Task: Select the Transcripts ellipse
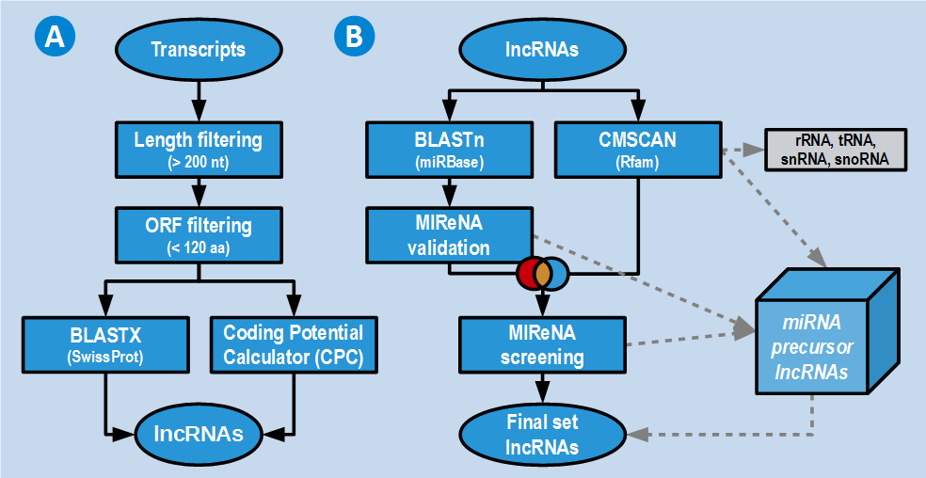click(198, 49)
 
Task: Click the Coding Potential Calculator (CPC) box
click(293, 342)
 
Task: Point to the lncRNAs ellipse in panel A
click(199, 434)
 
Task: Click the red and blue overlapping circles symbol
click(542, 273)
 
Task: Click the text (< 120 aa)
click(198, 247)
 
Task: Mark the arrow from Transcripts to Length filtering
click(198, 98)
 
